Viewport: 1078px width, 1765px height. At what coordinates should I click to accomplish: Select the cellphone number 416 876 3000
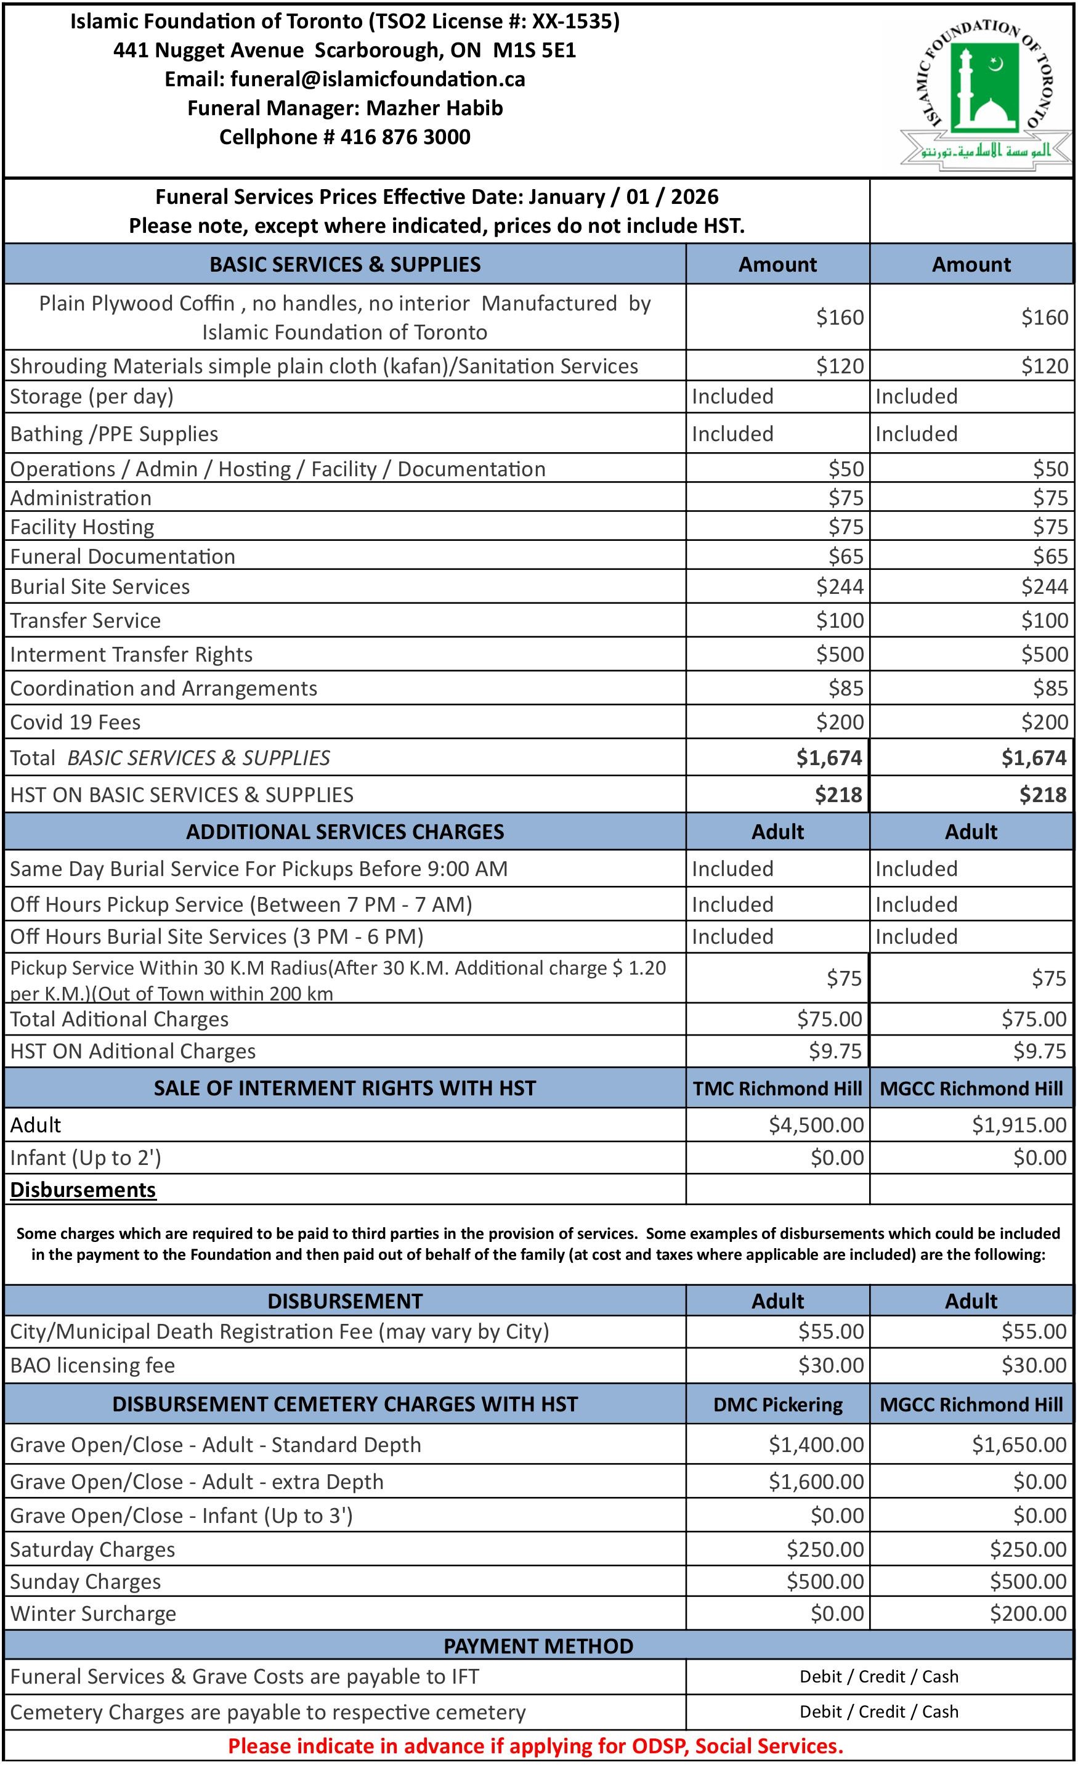click(x=405, y=137)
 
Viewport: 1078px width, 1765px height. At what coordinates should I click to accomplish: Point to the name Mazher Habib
click(x=434, y=108)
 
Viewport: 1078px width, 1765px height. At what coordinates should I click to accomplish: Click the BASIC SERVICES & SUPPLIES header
click(x=344, y=264)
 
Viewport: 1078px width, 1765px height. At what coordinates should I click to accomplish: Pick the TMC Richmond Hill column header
click(x=777, y=1089)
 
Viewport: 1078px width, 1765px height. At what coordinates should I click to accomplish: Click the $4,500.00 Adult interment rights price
click(x=816, y=1125)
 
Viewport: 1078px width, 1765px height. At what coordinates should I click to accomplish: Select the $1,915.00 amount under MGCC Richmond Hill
click(x=1018, y=1125)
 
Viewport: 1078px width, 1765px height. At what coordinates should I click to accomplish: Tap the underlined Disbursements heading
click(x=83, y=1190)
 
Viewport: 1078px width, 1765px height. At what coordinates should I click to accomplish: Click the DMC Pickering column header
click(x=777, y=1405)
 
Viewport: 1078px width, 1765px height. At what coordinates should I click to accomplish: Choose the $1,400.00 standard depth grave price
click(x=816, y=1445)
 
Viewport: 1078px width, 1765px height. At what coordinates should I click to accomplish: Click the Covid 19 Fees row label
click(x=75, y=722)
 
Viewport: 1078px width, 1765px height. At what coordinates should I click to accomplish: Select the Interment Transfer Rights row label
click(x=131, y=655)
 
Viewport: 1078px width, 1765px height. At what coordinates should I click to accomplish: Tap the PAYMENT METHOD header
click(x=538, y=1646)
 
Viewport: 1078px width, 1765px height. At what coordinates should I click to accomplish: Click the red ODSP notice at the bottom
click(x=535, y=1747)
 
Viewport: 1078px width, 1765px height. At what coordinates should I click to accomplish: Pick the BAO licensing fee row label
click(x=92, y=1365)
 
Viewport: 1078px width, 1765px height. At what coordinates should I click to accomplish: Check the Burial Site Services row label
click(x=100, y=586)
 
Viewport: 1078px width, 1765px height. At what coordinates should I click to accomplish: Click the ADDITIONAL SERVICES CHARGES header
click(x=344, y=832)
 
